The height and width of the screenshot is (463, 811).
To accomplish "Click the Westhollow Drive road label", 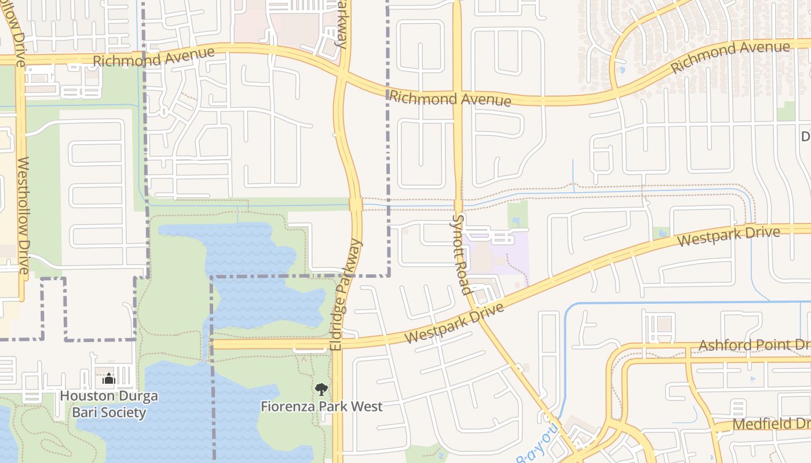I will click(23, 215).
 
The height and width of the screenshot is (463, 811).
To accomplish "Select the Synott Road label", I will click(460, 255).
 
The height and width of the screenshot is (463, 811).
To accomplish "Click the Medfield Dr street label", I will click(770, 424).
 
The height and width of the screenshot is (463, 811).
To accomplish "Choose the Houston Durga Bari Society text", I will click(109, 405).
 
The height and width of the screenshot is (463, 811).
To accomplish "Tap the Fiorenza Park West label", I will click(322, 406).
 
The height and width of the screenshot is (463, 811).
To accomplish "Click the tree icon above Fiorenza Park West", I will click(322, 389).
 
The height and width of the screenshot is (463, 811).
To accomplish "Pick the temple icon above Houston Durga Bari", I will click(109, 380).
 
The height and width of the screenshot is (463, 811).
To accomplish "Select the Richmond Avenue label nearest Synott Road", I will click(450, 98).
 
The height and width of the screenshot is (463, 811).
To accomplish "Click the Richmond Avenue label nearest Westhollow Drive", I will click(154, 57).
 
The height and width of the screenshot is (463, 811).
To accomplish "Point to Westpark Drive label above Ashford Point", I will click(729, 236).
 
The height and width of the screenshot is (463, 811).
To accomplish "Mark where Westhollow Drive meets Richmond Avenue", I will click(20, 60).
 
